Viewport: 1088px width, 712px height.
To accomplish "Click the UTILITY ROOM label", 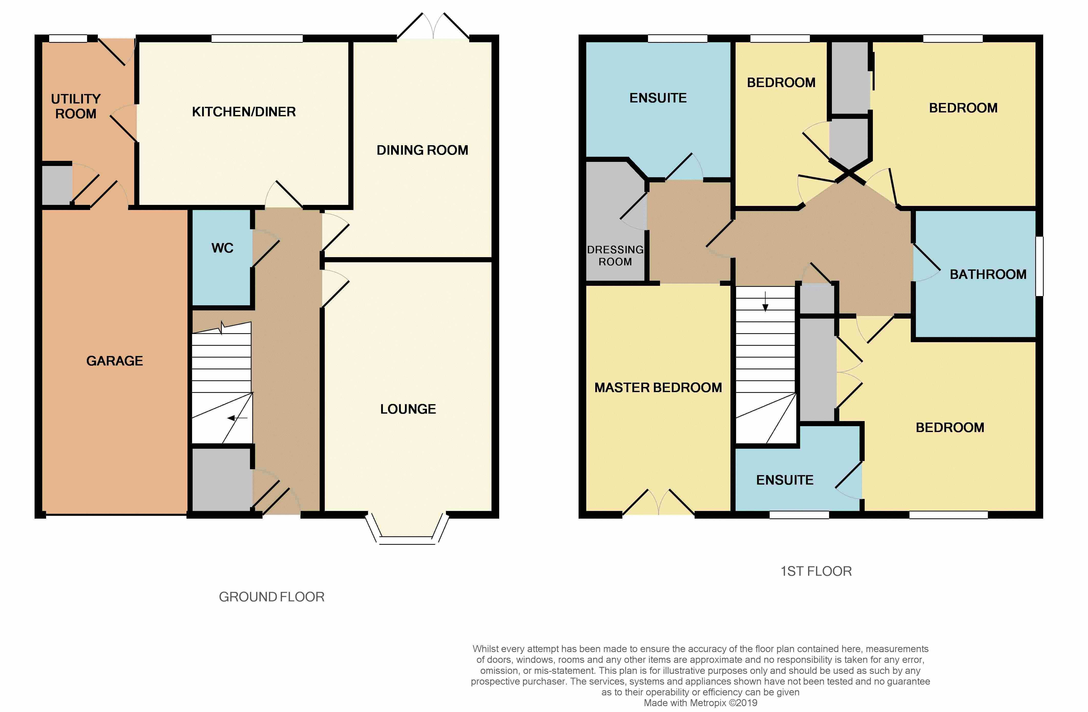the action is (76, 106).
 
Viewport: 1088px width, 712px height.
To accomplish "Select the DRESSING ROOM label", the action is (615, 255).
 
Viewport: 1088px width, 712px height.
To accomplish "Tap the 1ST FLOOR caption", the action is (816, 571).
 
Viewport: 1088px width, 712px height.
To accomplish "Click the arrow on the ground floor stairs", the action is (237, 418).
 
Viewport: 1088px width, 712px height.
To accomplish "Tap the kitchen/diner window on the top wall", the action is (257, 38).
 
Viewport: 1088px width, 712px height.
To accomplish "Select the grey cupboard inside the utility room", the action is (57, 185).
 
